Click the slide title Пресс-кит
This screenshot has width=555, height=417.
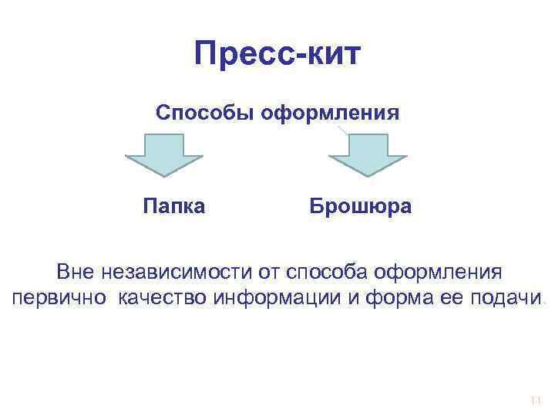pyautogui.click(x=277, y=54)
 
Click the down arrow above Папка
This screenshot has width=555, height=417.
pyautogui.click(x=164, y=157)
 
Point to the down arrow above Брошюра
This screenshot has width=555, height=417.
pyautogui.click(x=368, y=157)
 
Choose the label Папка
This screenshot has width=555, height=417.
pyautogui.click(x=174, y=206)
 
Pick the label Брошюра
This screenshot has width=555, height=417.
pyautogui.click(x=361, y=206)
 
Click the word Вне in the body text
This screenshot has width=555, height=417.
pyautogui.click(x=74, y=272)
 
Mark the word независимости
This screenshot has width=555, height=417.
pyautogui.click(x=174, y=272)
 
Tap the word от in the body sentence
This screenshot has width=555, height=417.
pyautogui.click(x=268, y=272)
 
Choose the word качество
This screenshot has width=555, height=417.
pyautogui.click(x=162, y=300)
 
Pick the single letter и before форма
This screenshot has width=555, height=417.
pyautogui.click(x=353, y=300)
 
